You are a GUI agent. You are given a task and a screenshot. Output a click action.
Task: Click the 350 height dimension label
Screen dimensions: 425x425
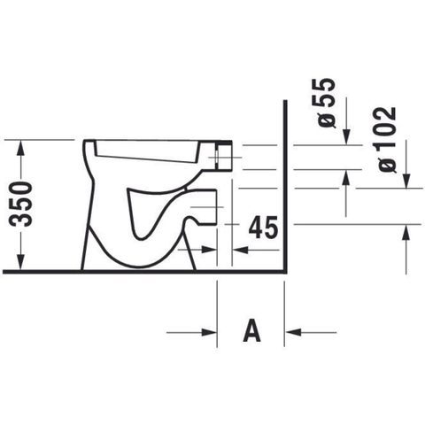pyautogui.click(x=20, y=205)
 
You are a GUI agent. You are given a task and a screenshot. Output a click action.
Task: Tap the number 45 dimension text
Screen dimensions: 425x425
pyautogui.click(x=263, y=227)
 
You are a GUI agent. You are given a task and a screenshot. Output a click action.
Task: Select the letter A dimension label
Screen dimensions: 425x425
pyautogui.click(x=251, y=330)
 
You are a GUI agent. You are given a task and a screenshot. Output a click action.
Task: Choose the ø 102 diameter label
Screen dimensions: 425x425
pyautogui.click(x=387, y=140)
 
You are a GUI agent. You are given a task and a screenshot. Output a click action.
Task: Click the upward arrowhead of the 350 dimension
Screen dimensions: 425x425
pyautogui.click(x=20, y=148)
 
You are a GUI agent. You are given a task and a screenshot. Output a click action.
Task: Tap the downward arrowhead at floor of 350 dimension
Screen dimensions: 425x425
pyautogui.click(x=20, y=261)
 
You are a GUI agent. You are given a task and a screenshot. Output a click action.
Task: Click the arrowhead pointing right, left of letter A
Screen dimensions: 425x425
pyautogui.click(x=209, y=332)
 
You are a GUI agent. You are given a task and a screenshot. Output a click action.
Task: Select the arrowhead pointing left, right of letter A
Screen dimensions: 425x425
pyautogui.click(x=293, y=332)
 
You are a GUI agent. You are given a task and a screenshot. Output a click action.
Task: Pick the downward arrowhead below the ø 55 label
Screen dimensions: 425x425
pyautogui.click(x=346, y=136)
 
